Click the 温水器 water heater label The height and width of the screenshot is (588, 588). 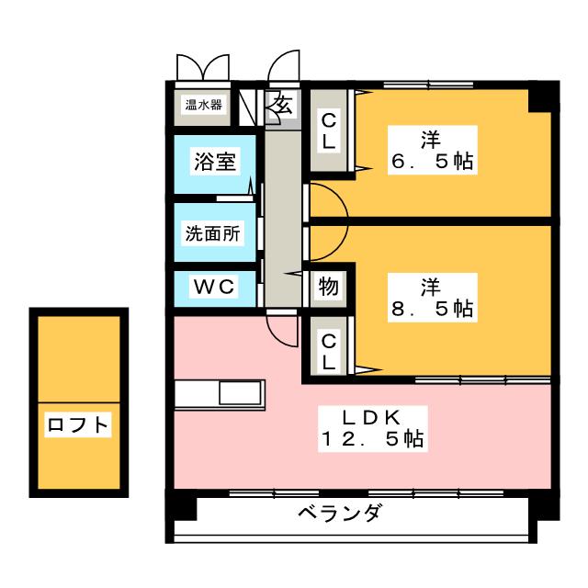tap(203, 105)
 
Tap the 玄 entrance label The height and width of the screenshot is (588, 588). tap(282, 105)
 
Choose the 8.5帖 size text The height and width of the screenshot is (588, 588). tap(430, 309)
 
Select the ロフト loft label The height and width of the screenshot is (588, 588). tap(78, 424)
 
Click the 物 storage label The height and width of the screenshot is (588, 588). tap(329, 288)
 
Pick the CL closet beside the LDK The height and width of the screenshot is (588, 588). tap(329, 350)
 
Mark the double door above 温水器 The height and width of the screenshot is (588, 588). tap(202, 68)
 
